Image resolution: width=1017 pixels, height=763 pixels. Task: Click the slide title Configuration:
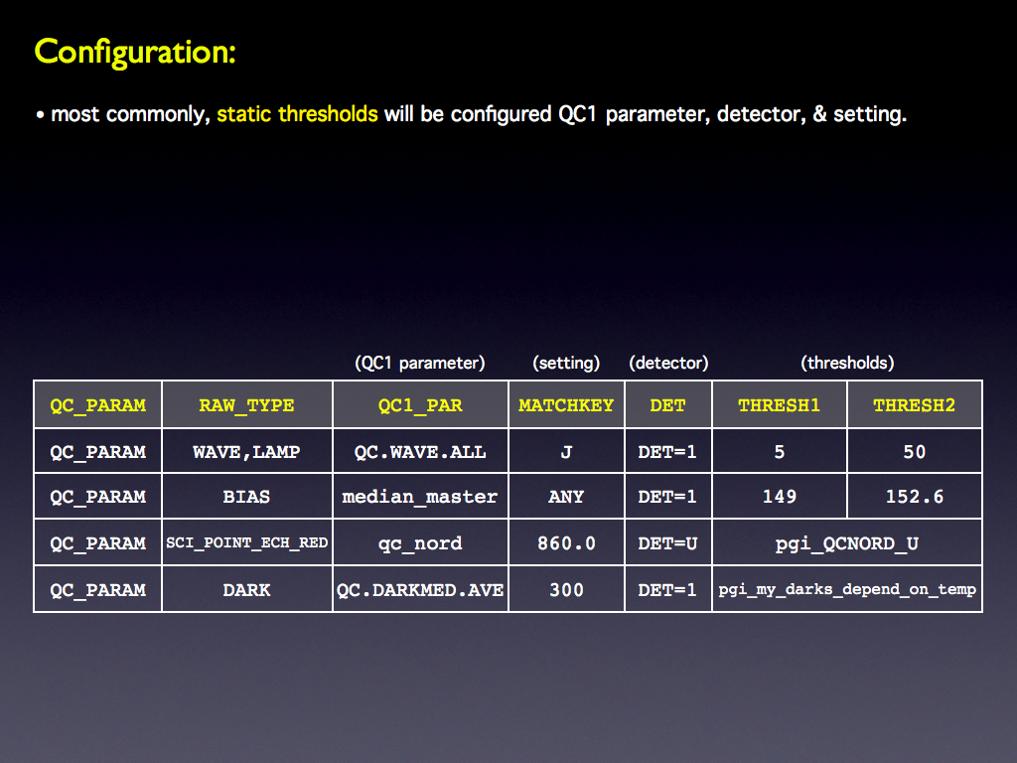point(135,52)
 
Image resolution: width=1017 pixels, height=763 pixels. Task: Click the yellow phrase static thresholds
point(297,114)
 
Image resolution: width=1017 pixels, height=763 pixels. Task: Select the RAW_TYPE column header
point(246,405)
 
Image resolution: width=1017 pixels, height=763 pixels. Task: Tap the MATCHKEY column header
point(566,405)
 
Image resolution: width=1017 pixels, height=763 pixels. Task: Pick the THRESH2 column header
point(914,405)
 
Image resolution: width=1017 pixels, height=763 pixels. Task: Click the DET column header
point(667,405)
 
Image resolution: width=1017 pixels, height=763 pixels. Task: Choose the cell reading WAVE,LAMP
point(246,452)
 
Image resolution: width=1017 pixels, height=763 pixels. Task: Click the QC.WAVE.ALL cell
point(420,452)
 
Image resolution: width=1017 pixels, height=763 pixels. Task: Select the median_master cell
point(420,497)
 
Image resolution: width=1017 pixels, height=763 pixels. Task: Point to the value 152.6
point(915,497)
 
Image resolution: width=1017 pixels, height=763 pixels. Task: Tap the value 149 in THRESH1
point(779,497)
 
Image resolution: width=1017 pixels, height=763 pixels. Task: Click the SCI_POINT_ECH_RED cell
point(246,542)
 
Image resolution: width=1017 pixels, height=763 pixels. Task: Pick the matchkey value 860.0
point(566,543)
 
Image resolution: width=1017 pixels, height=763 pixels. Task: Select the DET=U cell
point(667,543)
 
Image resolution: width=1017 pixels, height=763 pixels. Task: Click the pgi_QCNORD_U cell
point(847,543)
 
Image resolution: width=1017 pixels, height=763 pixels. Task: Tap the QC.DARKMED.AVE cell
point(420,590)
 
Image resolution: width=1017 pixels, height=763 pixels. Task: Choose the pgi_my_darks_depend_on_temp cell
point(847,590)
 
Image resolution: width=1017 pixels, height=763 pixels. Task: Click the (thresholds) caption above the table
point(847,363)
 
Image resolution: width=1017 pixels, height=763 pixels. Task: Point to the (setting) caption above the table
point(566,363)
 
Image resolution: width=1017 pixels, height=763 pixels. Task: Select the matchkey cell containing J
point(566,452)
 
